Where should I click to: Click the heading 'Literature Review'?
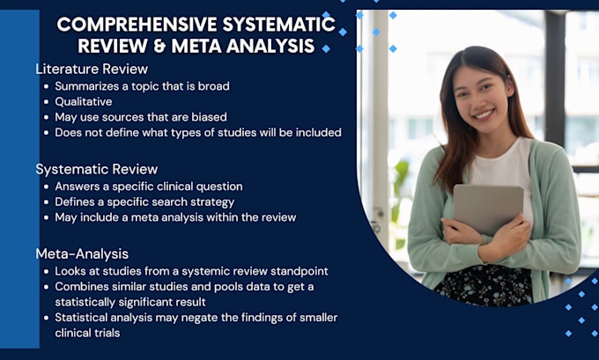coord(92,69)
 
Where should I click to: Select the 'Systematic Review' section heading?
coord(97,169)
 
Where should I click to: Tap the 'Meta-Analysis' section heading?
coord(82,253)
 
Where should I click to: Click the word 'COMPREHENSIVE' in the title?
coord(131,25)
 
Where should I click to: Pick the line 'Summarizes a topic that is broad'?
coord(141,85)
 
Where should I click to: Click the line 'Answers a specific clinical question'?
coord(148,186)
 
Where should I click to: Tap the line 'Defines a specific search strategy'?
coord(144,202)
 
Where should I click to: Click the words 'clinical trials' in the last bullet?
coord(87,334)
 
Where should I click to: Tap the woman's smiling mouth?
coord(483,114)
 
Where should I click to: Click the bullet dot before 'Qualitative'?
coord(46,102)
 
